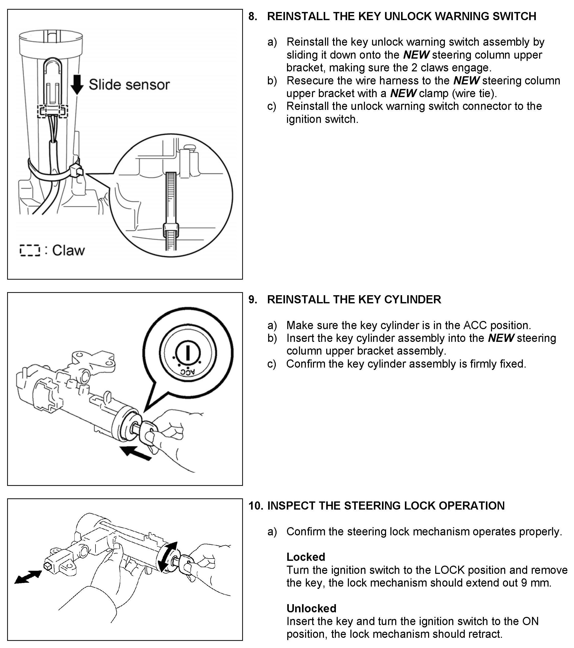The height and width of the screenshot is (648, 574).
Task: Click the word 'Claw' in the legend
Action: [69, 250]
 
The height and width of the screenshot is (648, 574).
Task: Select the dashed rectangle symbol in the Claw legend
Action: [30, 250]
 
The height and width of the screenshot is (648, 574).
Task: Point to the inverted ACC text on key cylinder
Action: [188, 372]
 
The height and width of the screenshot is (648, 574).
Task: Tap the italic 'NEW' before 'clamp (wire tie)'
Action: [403, 94]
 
